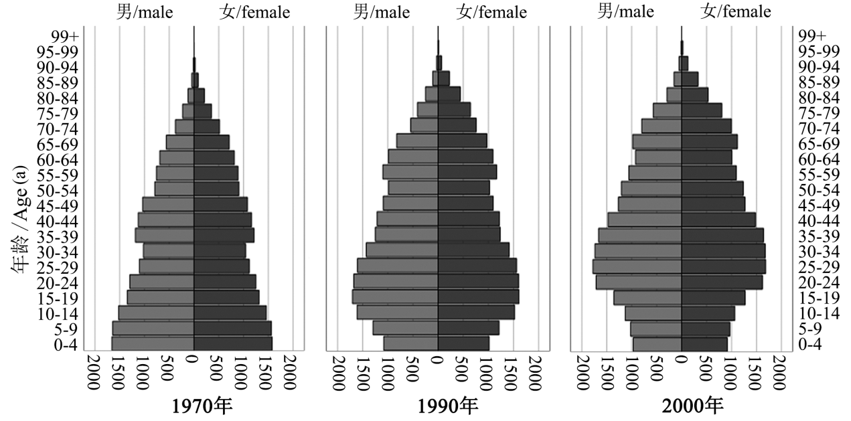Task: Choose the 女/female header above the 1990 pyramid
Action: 491,11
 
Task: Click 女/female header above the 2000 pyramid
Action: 735,11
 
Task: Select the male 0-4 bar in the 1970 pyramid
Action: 153,343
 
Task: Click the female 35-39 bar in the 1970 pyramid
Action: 224,235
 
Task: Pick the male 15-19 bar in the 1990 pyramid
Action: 395,297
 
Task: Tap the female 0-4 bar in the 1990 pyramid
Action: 463,343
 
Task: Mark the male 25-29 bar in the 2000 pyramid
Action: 637,266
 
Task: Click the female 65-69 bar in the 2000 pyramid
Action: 709,142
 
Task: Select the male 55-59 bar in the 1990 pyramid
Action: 410,173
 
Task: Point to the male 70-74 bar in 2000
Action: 662,126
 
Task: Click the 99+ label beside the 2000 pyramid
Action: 812,35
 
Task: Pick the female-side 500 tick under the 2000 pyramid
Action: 707,367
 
